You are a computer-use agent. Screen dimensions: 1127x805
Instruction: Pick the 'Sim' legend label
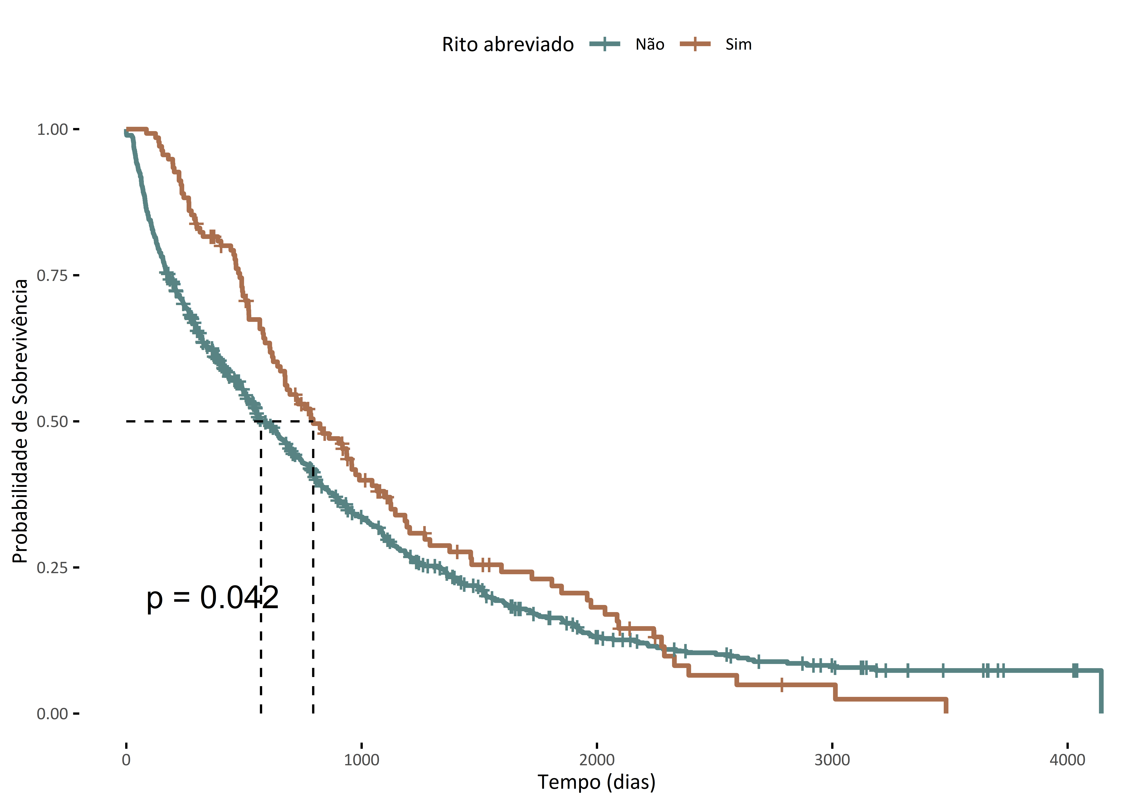[x=738, y=45]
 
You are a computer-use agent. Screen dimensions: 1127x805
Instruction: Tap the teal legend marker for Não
[x=605, y=44]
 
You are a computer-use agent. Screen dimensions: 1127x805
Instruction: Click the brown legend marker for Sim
[x=695, y=44]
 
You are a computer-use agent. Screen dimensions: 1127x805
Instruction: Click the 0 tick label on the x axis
[x=126, y=760]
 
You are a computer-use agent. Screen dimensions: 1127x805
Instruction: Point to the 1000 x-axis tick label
[x=361, y=760]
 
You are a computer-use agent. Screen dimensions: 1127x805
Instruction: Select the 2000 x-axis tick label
[x=597, y=760]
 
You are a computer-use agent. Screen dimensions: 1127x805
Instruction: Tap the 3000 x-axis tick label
[x=832, y=760]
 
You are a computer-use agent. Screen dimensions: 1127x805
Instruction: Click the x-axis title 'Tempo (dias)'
[x=597, y=782]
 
